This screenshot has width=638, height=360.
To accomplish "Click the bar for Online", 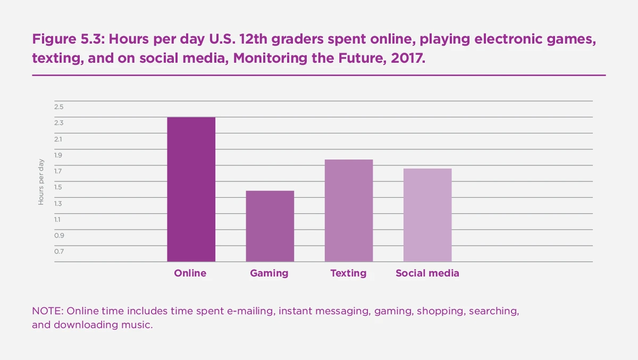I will point(191,189).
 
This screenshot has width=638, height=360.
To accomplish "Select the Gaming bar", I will point(270,226).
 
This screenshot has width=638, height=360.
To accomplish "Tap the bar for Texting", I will point(348,211).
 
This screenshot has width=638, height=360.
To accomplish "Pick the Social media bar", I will point(427,215).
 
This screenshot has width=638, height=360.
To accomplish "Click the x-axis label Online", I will point(190,273).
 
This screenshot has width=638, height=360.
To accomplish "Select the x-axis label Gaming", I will point(269,273).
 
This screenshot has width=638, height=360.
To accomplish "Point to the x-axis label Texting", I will point(348,273).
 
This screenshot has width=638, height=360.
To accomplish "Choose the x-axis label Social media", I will point(427,273).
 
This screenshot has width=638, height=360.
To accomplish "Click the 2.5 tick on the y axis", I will point(58,107).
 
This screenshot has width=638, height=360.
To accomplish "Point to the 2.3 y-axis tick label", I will point(58,123).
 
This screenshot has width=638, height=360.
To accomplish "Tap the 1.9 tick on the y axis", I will point(58,155).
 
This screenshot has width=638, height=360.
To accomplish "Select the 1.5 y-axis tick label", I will point(58,187).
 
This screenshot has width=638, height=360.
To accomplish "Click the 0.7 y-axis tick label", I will point(58,252).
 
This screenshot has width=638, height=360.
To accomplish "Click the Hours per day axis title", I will point(41,182).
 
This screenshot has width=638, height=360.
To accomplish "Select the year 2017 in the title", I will point(410,58).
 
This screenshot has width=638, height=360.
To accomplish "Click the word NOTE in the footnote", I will point(47,311).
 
